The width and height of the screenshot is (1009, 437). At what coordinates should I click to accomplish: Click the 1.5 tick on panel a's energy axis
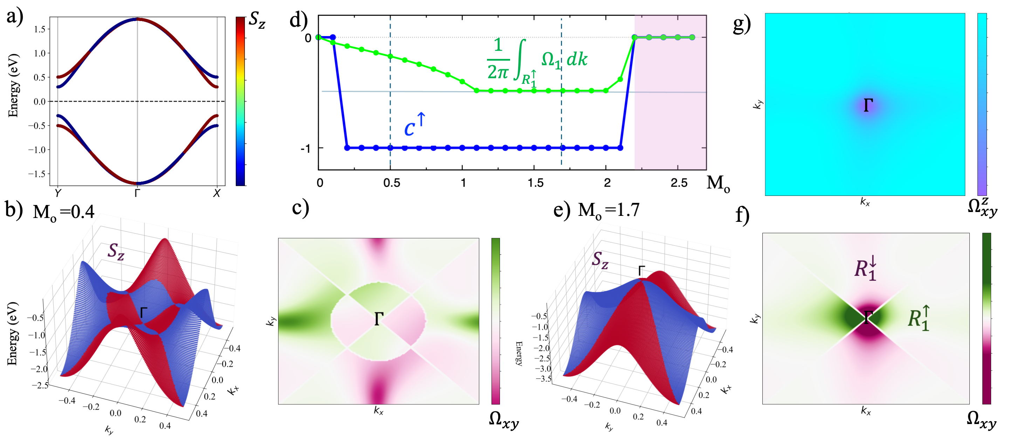(x=39, y=29)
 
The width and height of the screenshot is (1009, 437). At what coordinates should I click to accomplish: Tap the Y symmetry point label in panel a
(x=57, y=193)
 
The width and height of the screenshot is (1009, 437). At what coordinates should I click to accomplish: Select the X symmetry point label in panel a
(x=217, y=193)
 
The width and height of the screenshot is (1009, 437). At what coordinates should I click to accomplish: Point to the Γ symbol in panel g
(x=868, y=105)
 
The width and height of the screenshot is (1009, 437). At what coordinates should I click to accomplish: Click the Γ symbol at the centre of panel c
(x=378, y=319)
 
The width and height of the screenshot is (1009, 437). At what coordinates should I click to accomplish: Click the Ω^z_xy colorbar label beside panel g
(x=982, y=207)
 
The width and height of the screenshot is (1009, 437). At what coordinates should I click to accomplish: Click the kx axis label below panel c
(x=378, y=410)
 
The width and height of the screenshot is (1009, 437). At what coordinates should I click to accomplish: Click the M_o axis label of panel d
(x=718, y=183)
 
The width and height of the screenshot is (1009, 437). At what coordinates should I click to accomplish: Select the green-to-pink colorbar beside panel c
(x=495, y=321)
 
